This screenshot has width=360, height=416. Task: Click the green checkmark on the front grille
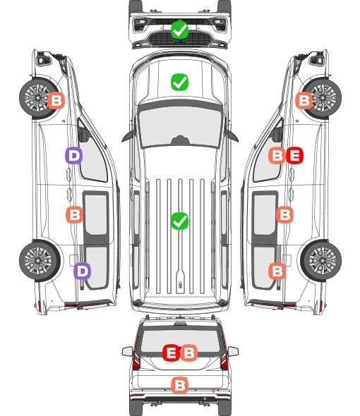click(179, 30)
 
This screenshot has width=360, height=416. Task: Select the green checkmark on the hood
click(179, 82)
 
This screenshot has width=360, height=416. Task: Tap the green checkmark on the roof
click(179, 221)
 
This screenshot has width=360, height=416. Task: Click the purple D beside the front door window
click(74, 155)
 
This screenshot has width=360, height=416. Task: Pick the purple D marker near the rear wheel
click(83, 271)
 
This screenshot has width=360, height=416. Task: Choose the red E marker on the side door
click(294, 155)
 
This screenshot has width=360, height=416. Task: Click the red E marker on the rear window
click(171, 353)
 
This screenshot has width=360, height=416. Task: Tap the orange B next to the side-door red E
click(277, 155)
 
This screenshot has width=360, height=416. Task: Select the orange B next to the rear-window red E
click(188, 353)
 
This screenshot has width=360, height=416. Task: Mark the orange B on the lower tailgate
click(179, 385)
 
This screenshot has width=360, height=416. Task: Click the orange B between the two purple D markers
click(74, 214)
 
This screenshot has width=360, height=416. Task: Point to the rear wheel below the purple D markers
click(40, 261)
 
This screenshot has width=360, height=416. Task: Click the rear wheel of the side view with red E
click(321, 261)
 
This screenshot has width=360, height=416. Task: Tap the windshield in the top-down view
click(180, 126)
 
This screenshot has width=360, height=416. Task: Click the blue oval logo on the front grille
click(179, 41)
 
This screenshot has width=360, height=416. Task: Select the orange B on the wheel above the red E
click(304, 100)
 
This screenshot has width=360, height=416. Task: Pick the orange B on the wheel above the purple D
click(56, 100)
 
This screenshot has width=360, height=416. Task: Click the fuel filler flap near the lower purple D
click(73, 260)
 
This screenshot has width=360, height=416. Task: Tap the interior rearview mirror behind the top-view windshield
click(180, 140)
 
